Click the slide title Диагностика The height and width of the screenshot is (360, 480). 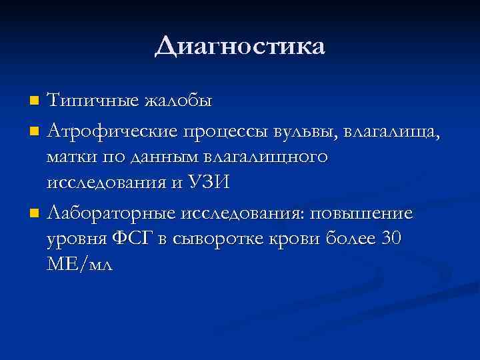coord(240,47)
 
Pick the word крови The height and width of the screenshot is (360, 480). coord(292,241)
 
